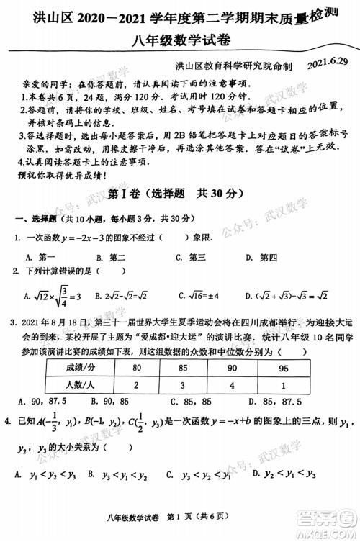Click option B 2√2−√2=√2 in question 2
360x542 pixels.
pyautogui.click(x=118, y=295)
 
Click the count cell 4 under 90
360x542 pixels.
pyautogui.click(x=231, y=384)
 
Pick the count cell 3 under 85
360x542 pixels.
pyautogui.click(x=183, y=384)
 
